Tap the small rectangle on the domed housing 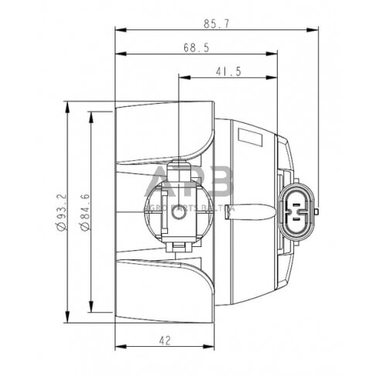[252, 138]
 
